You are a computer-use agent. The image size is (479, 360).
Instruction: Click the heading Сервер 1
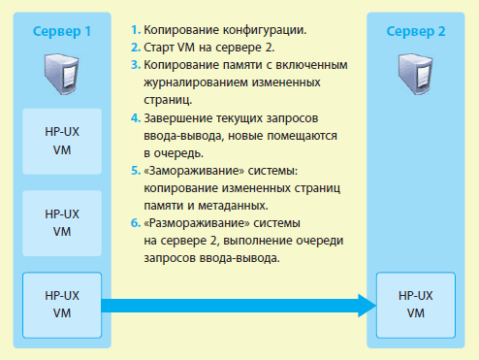[62, 31]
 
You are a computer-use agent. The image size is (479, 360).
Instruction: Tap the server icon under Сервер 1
[62, 73]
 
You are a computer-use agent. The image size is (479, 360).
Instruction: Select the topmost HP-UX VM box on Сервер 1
[62, 143]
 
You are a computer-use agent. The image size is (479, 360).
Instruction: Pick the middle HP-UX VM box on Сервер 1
[62, 222]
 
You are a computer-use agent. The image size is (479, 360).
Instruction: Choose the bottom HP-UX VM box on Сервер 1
[62, 303]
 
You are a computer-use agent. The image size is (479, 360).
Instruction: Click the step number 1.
[134, 30]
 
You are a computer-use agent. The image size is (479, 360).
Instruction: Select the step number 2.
[134, 48]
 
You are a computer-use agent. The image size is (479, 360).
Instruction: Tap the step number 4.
[134, 117]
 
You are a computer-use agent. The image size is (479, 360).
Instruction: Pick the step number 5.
[134, 170]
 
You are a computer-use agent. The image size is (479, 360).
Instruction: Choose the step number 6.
[134, 222]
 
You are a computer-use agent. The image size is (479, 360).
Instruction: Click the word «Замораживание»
[189, 170]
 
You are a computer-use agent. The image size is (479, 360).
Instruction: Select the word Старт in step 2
[159, 48]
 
